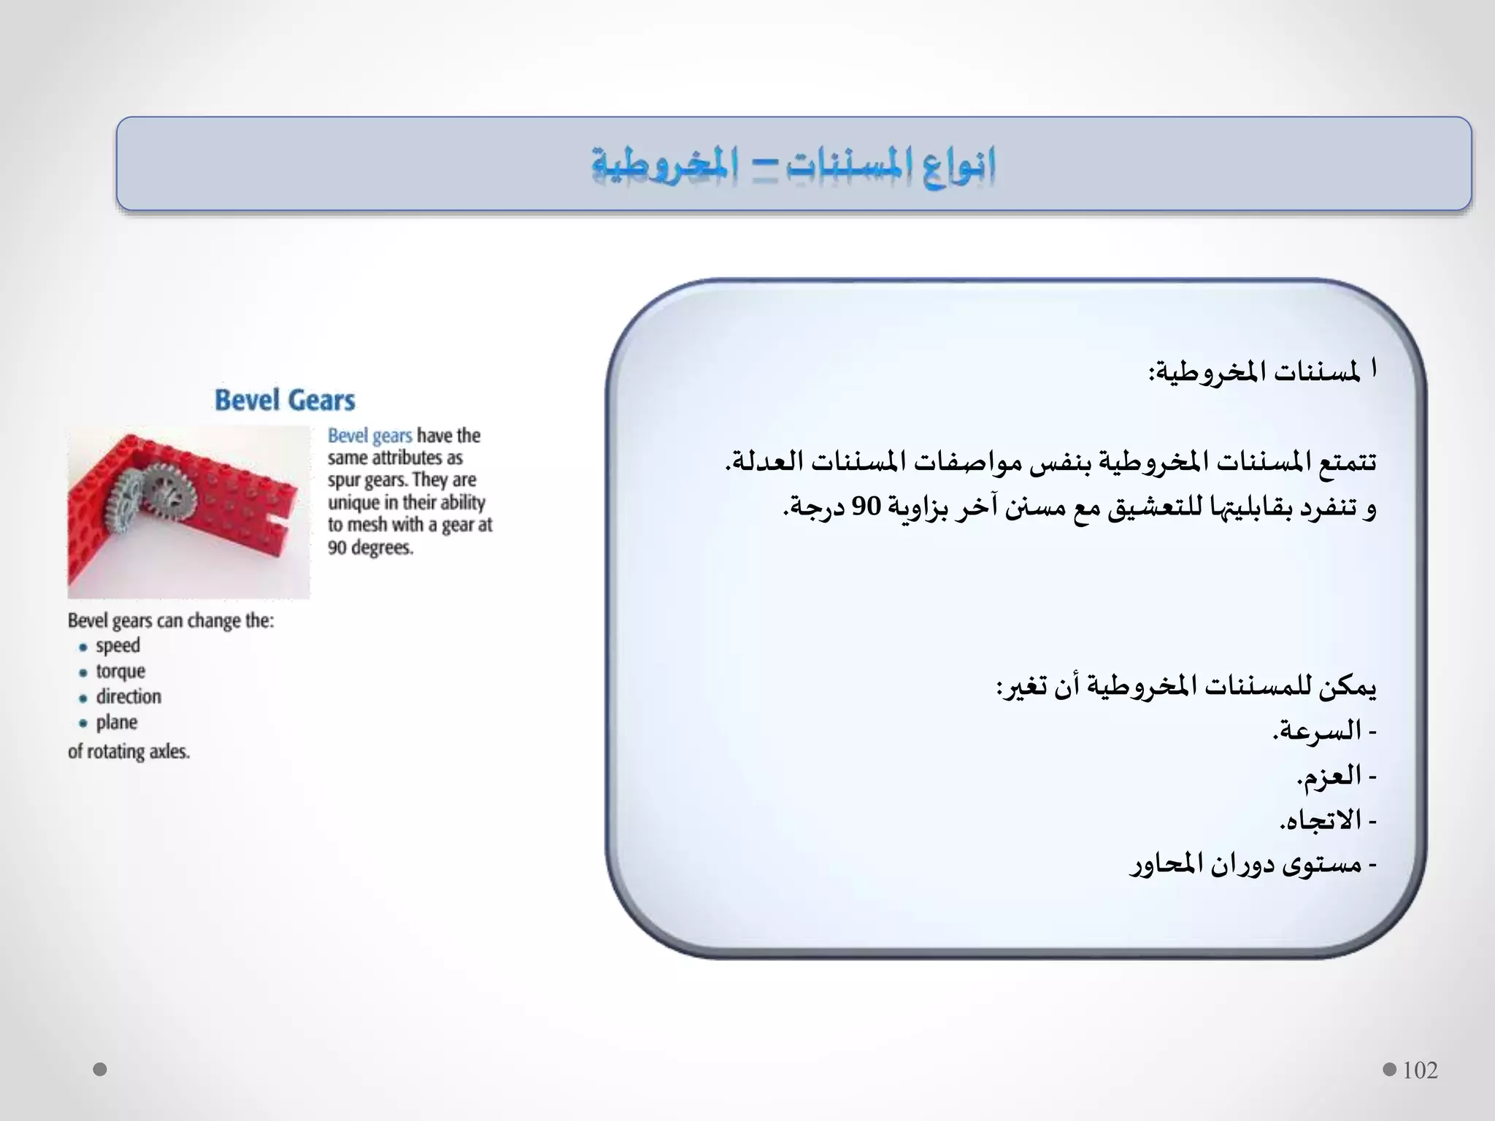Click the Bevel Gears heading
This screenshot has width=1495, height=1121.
point(285,400)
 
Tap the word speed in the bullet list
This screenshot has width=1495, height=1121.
point(118,646)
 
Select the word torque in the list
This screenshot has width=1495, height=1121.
point(120,671)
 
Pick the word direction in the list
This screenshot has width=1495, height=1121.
point(128,697)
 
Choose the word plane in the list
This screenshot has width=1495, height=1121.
point(117,723)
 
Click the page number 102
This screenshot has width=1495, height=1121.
point(1420,1070)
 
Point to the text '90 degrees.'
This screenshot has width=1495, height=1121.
point(370,547)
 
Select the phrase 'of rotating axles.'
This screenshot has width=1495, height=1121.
point(129,751)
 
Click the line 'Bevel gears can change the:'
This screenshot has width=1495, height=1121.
point(171,621)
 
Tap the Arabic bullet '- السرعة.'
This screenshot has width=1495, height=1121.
point(1324,731)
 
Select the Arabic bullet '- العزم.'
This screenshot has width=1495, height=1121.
point(1336,776)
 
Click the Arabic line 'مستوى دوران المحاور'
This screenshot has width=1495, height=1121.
point(1253,865)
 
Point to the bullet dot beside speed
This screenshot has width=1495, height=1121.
point(83,647)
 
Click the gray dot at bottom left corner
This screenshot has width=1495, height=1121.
point(100,1069)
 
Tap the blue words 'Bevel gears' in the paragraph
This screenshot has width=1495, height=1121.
point(370,436)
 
